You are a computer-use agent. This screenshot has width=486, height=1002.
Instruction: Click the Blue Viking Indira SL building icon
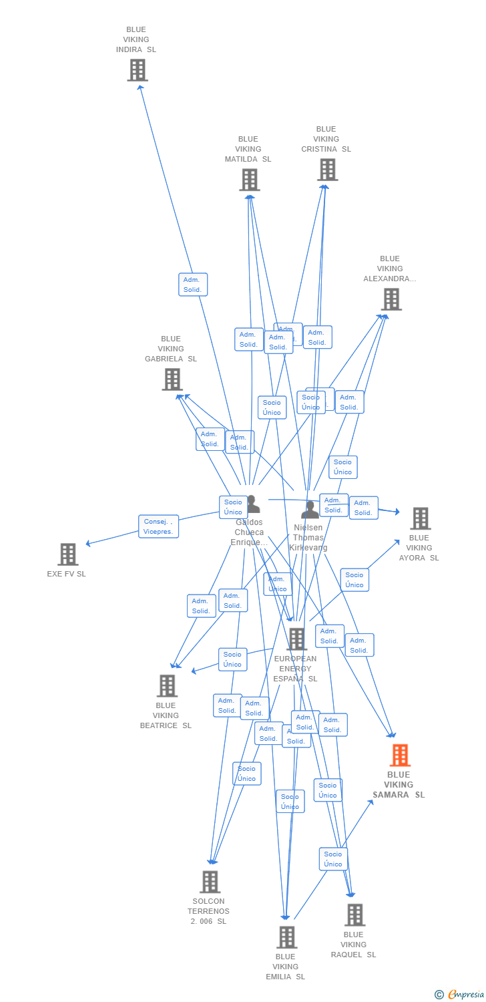pyautogui.click(x=138, y=70)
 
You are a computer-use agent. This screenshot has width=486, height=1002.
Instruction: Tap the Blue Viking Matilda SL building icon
pyautogui.click(x=249, y=180)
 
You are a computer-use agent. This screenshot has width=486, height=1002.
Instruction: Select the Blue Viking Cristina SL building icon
pyautogui.click(x=327, y=170)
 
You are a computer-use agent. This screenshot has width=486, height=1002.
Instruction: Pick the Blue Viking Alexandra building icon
pyautogui.click(x=391, y=299)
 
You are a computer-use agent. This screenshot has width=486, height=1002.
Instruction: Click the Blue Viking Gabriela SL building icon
pyautogui.click(x=172, y=379)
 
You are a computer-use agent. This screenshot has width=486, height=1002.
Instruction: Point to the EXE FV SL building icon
pyautogui.click(x=67, y=554)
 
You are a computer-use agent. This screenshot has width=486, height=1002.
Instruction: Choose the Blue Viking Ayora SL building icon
pyautogui.click(x=420, y=518)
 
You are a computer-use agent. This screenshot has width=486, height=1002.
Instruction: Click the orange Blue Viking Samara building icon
pyautogui.click(x=400, y=756)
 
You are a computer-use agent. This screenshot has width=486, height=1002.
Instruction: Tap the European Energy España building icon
pyautogui.click(x=296, y=639)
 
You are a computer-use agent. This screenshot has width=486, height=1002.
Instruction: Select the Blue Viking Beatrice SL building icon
pyautogui.click(x=167, y=686)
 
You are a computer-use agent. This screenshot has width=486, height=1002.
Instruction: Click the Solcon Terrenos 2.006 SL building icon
pyautogui.click(x=210, y=882)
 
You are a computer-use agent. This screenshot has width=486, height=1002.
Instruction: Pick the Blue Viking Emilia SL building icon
pyautogui.click(x=286, y=937)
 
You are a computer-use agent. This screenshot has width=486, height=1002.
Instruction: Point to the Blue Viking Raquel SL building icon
pyautogui.click(x=354, y=915)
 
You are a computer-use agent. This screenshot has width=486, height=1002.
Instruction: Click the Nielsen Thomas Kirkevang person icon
pyautogui.click(x=310, y=510)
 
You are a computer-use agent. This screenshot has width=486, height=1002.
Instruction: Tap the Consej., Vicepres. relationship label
pyautogui.click(x=158, y=526)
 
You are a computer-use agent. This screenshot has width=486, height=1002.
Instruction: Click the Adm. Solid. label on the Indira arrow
pyautogui.click(x=193, y=285)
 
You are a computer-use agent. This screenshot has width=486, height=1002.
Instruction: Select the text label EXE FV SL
pyautogui.click(x=67, y=574)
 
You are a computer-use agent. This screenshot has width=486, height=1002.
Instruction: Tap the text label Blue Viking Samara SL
pyautogui.click(x=399, y=785)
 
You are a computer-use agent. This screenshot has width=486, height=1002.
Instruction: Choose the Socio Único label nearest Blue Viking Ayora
pyautogui.click(x=354, y=580)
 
